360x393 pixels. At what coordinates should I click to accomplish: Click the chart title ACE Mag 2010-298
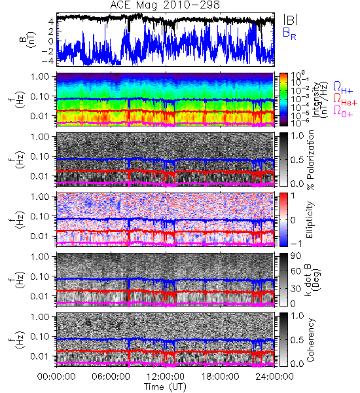click(165, 5)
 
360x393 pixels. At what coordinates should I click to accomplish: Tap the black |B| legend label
click(291, 20)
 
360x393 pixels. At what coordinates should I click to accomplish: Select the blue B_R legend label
click(289, 33)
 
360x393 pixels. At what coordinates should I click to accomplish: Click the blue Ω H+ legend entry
click(343, 88)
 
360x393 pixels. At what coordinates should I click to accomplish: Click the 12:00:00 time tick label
click(166, 377)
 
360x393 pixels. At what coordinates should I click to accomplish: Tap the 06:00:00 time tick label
click(111, 377)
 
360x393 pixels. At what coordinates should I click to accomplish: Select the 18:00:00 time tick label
click(220, 377)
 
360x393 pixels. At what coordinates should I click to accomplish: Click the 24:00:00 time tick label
click(274, 377)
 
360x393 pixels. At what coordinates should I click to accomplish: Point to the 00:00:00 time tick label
click(56, 377)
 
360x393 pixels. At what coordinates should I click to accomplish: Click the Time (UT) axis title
click(165, 386)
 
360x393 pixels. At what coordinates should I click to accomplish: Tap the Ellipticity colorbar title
click(310, 220)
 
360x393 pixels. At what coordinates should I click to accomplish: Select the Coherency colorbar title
click(310, 340)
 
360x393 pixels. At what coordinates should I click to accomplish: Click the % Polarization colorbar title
click(310, 160)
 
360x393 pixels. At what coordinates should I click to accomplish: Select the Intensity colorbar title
click(321, 100)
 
